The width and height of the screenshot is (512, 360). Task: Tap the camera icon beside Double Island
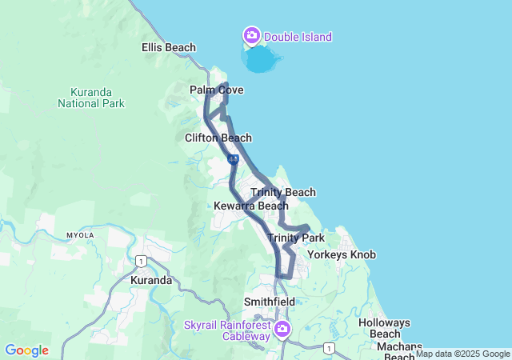[252, 35]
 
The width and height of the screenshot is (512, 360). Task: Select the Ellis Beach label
[169, 47]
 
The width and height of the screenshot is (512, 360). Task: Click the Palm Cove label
[216, 90]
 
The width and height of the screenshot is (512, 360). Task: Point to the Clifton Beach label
[218, 138]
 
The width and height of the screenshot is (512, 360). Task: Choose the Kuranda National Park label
[90, 97]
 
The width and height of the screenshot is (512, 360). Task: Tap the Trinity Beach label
[283, 192]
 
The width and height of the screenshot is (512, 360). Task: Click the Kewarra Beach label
[251, 206]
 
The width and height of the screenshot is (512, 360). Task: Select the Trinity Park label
[296, 238]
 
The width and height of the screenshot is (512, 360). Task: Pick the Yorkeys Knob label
[342, 255]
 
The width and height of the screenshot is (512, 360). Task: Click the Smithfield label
[270, 302]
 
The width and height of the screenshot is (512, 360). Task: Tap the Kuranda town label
[151, 281]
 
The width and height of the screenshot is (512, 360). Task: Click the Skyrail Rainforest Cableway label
[227, 330]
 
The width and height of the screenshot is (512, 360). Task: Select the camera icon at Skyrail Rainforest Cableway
[282, 329]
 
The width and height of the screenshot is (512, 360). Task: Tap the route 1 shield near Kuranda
[140, 261]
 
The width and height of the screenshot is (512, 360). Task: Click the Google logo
[26, 350]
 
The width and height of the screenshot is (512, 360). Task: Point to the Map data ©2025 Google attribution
[462, 354]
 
